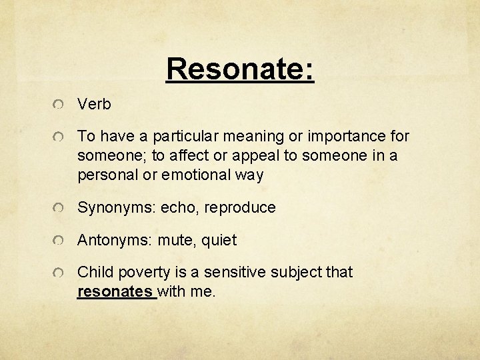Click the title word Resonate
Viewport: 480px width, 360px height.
[240, 68]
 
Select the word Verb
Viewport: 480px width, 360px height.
[94, 105]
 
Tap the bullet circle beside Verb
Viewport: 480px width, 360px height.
[60, 105]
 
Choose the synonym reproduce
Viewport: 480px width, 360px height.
[240, 208]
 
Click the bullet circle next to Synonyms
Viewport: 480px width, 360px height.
[60, 208]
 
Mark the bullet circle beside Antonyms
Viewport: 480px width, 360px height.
[60, 240]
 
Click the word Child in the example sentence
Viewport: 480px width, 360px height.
[95, 273]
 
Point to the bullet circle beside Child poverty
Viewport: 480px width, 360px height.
[60, 273]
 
